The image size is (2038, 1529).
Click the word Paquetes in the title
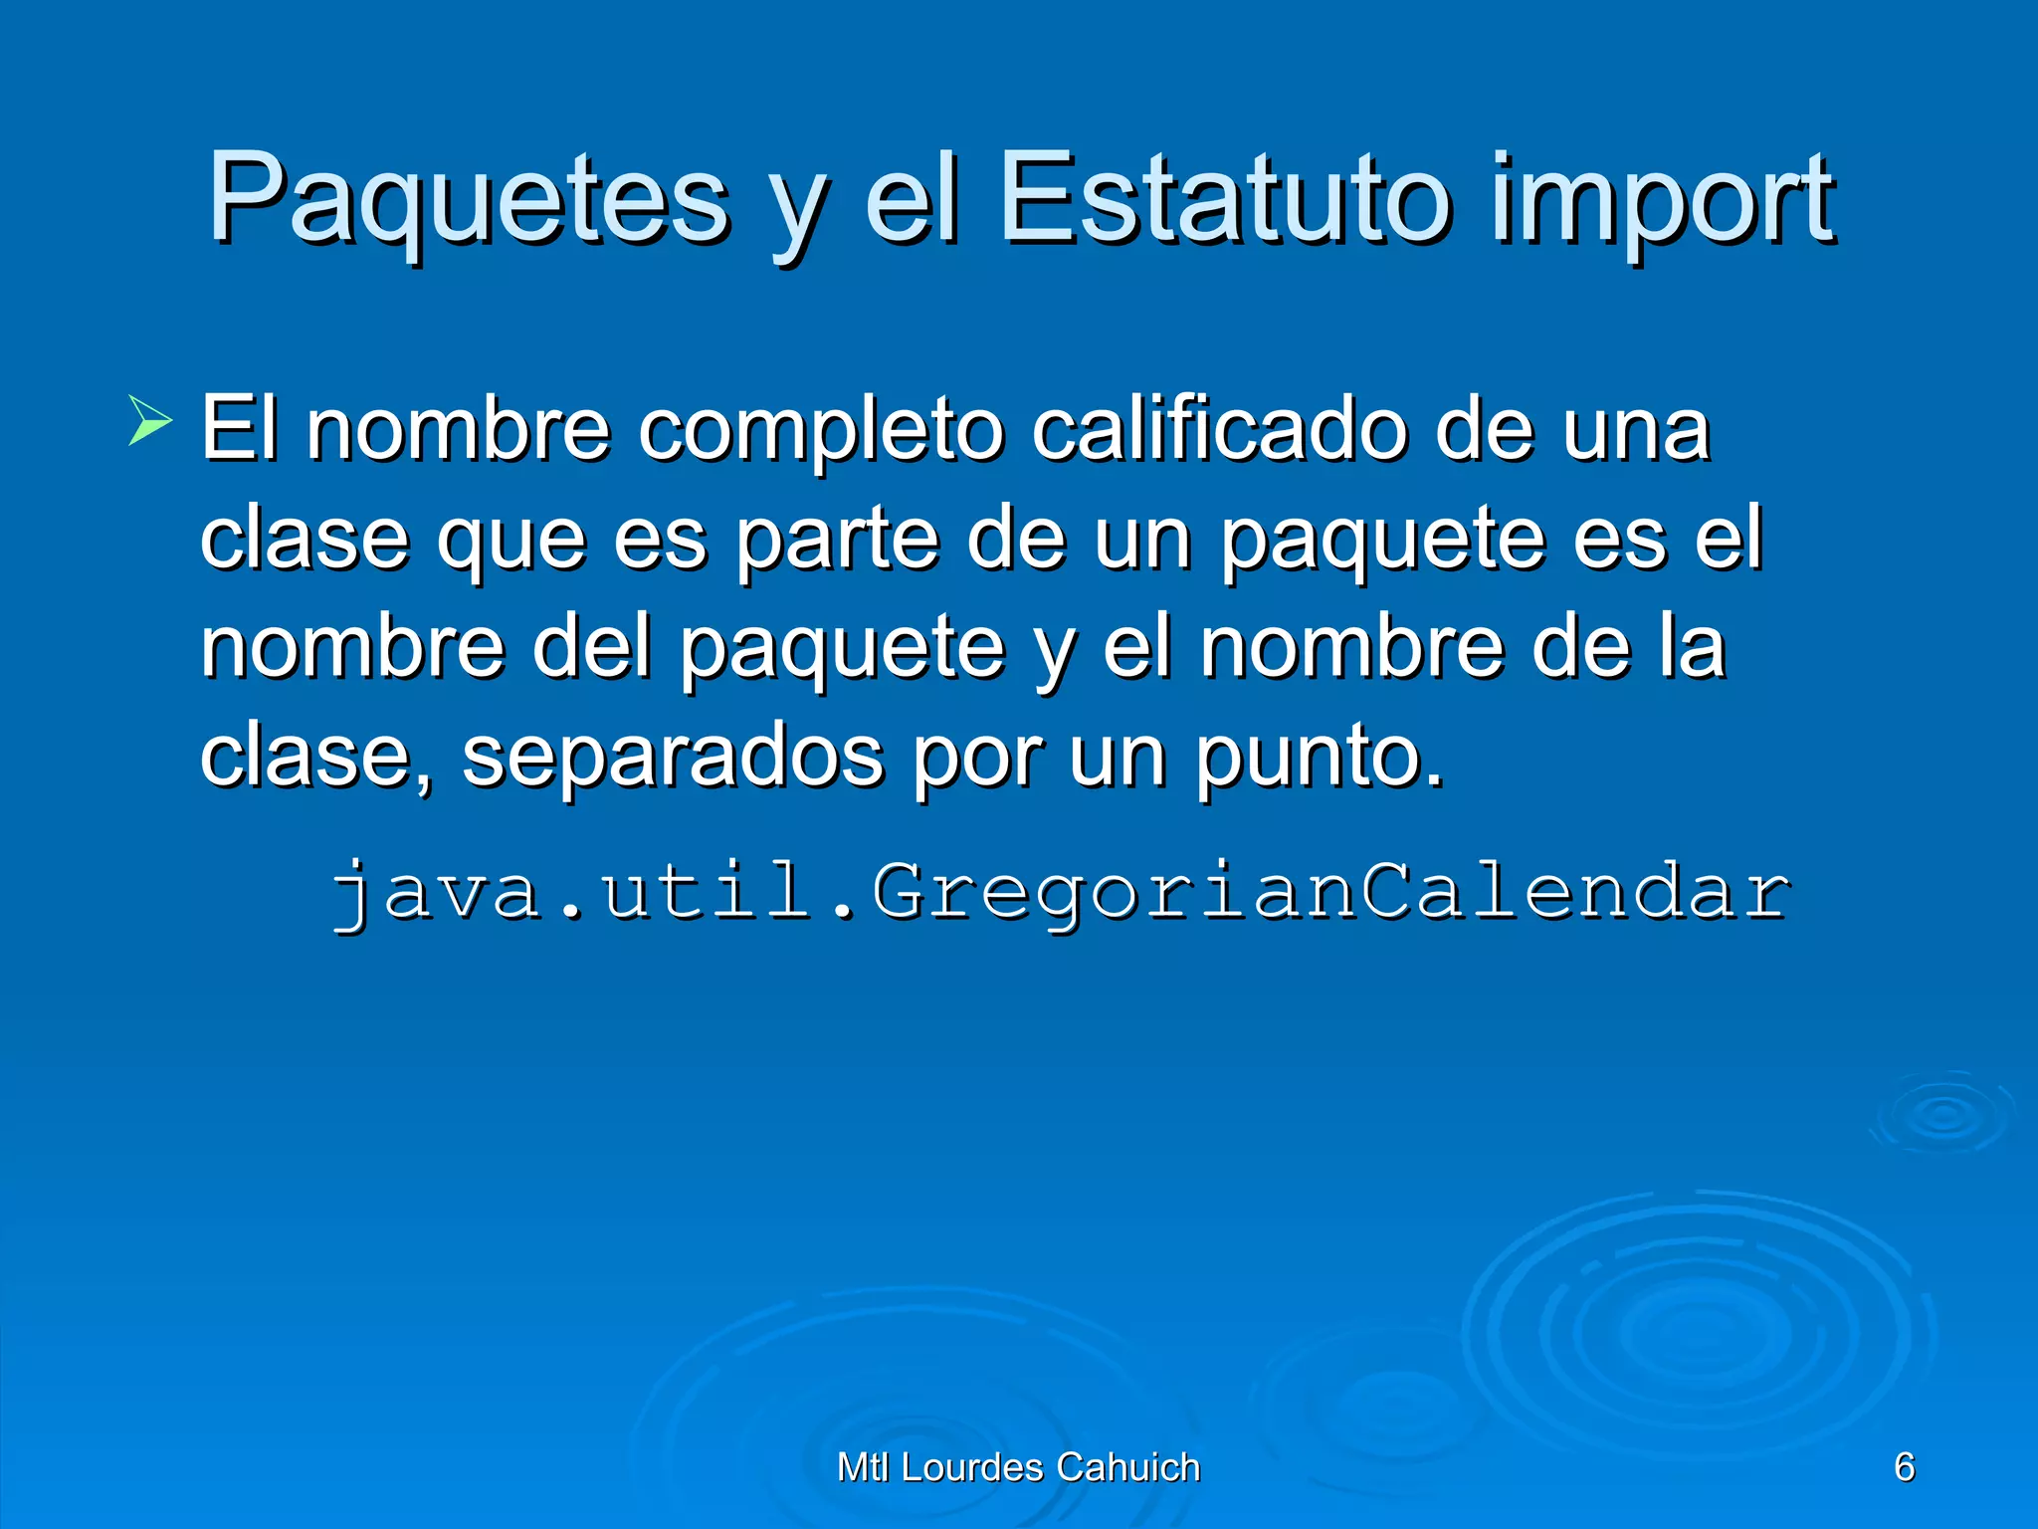pos(468,199)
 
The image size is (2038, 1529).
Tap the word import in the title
pos(1662,199)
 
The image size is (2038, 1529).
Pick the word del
pos(592,647)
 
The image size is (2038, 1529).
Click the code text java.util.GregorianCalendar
pos(1061,891)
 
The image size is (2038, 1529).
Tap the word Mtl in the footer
pos(863,1467)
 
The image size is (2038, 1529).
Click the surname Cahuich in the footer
pos(1128,1467)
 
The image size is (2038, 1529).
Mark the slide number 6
pos(1904,1466)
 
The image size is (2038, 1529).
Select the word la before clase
pos(1691,647)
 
